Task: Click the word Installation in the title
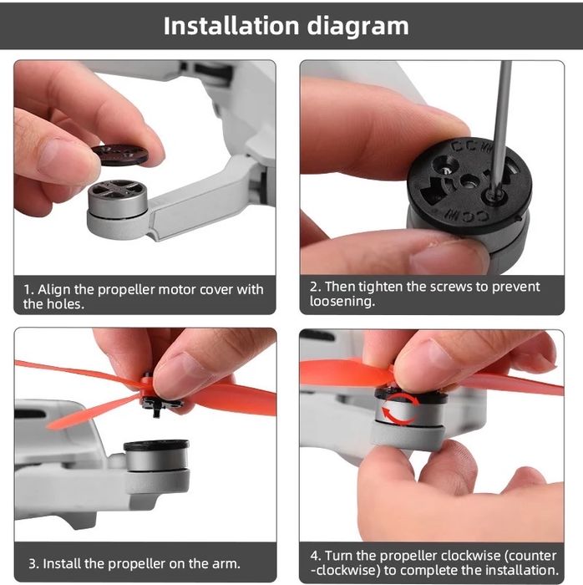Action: [231, 26]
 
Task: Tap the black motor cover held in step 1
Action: [119, 154]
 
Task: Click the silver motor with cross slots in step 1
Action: [118, 197]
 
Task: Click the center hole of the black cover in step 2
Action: [467, 182]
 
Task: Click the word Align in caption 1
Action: [51, 290]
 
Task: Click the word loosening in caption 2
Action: [342, 302]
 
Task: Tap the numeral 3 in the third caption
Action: [33, 564]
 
